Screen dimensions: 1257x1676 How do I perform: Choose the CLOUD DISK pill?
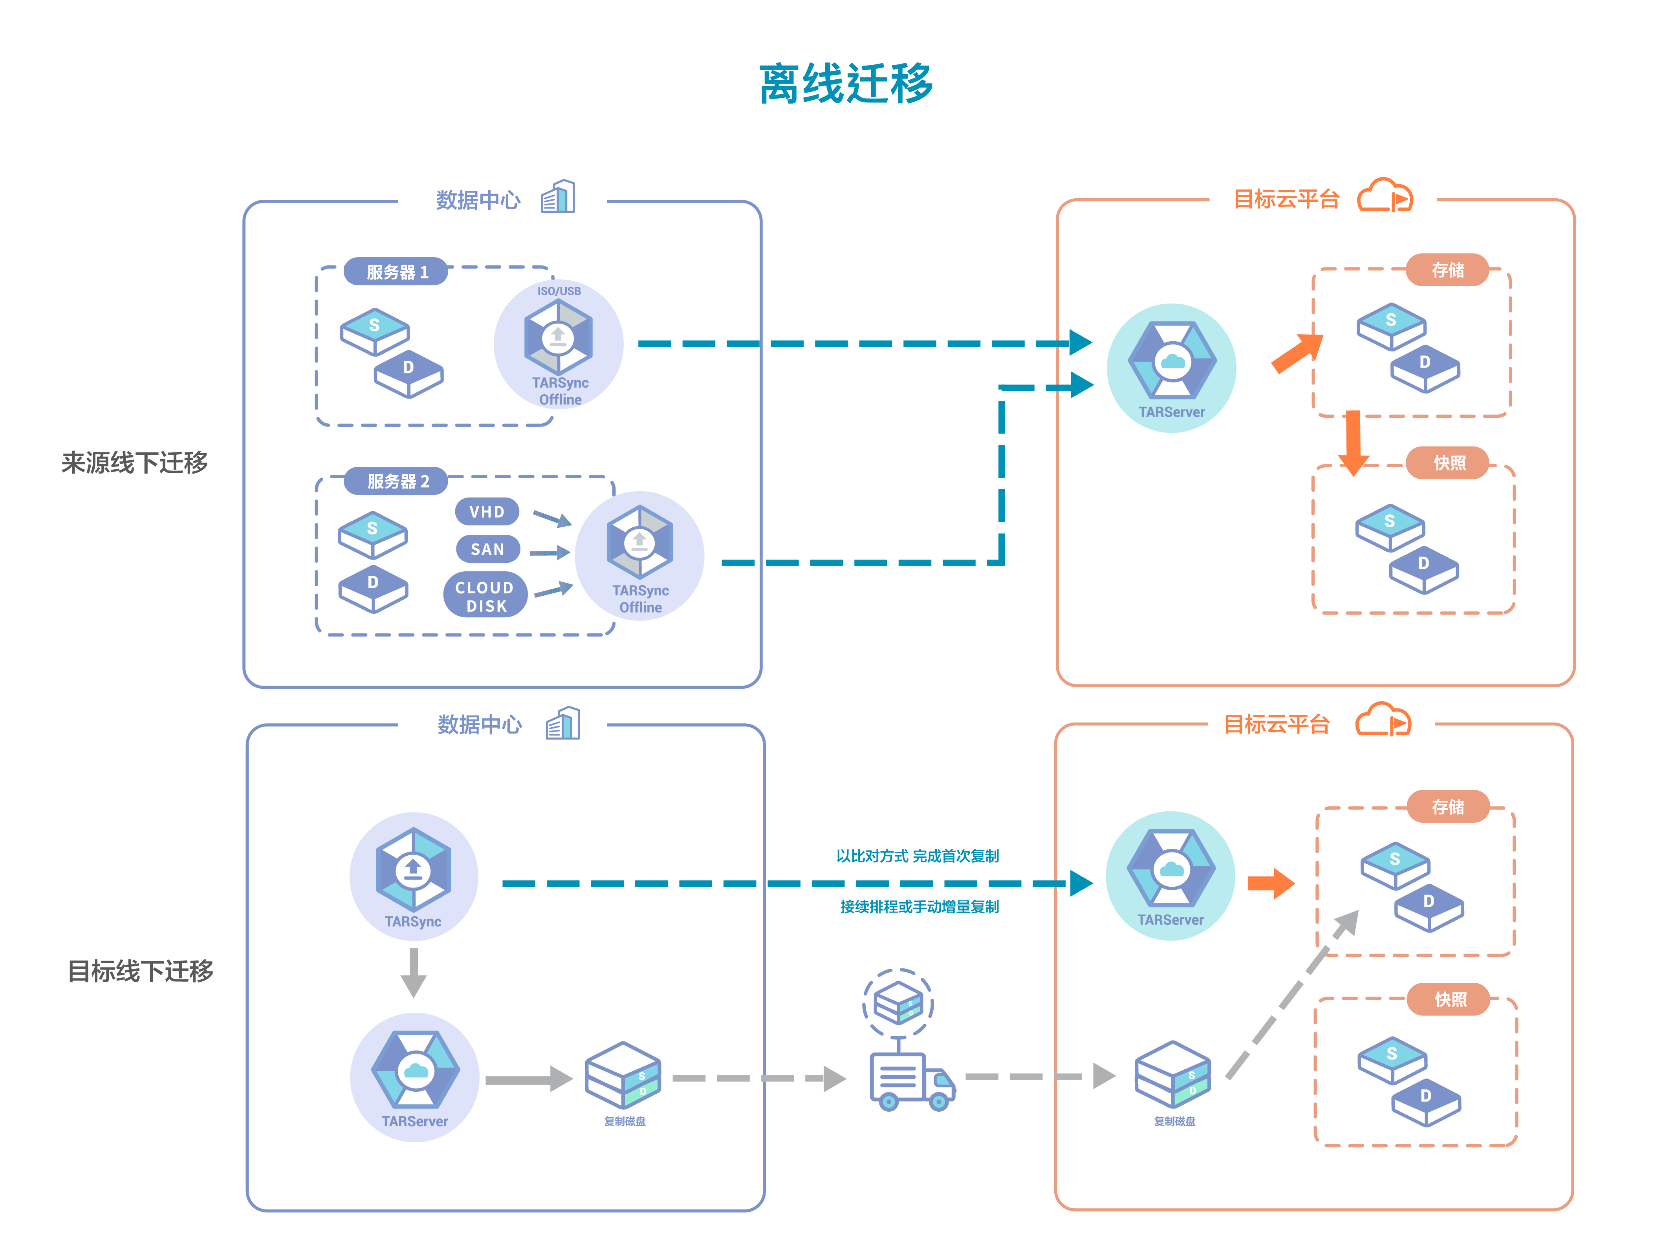tap(485, 596)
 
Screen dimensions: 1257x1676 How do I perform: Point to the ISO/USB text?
tap(559, 291)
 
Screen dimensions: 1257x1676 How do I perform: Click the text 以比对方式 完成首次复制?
tap(917, 856)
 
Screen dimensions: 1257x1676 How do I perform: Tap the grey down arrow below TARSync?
tap(413, 973)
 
